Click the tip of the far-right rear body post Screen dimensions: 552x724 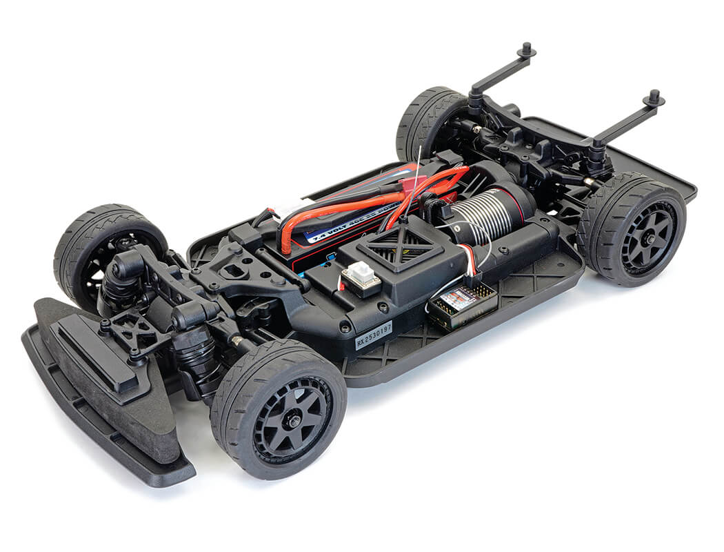click(652, 97)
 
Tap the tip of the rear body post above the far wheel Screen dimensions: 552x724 click(527, 50)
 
